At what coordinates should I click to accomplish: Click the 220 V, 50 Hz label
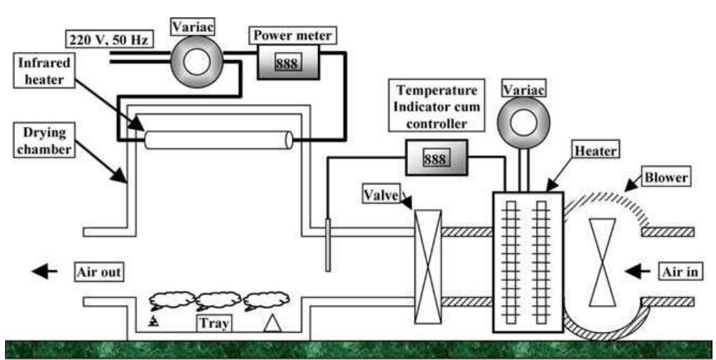point(106,40)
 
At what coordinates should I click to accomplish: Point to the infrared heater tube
point(218,140)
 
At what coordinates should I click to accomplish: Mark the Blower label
point(665,178)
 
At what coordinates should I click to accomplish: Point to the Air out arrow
point(44,271)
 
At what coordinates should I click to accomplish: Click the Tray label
point(214,324)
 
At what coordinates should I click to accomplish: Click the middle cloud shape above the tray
point(218,299)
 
